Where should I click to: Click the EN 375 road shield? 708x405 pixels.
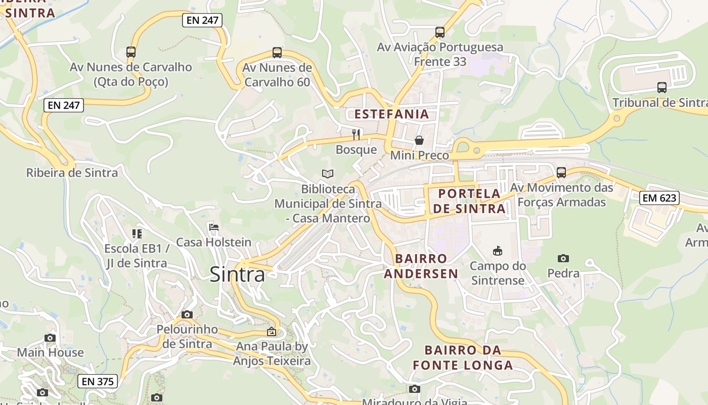click(98, 381)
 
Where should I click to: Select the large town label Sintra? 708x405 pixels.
click(237, 274)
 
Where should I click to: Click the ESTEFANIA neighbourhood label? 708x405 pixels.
click(391, 114)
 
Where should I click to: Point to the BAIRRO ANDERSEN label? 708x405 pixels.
click(421, 266)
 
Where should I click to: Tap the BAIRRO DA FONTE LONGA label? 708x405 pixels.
click(463, 357)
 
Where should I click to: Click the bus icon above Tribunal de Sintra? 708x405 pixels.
click(662, 87)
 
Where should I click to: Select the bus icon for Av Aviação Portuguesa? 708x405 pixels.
click(440, 32)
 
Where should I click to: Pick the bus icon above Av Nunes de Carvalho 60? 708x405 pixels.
click(277, 52)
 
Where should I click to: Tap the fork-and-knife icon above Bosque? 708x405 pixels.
click(357, 134)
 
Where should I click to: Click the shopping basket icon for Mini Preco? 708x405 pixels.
click(419, 140)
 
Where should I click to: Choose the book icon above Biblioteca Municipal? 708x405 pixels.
click(328, 174)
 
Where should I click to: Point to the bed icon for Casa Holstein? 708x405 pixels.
click(214, 227)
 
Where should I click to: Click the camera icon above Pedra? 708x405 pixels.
click(563, 258)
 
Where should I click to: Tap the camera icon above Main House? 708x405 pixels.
click(50, 338)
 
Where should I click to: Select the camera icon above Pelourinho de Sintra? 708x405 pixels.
click(187, 314)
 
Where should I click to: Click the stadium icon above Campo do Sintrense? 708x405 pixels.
click(498, 251)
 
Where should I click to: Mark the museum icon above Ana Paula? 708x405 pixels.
click(272, 332)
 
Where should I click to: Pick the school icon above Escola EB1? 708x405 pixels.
click(137, 234)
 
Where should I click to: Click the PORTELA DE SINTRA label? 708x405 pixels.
click(469, 201)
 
